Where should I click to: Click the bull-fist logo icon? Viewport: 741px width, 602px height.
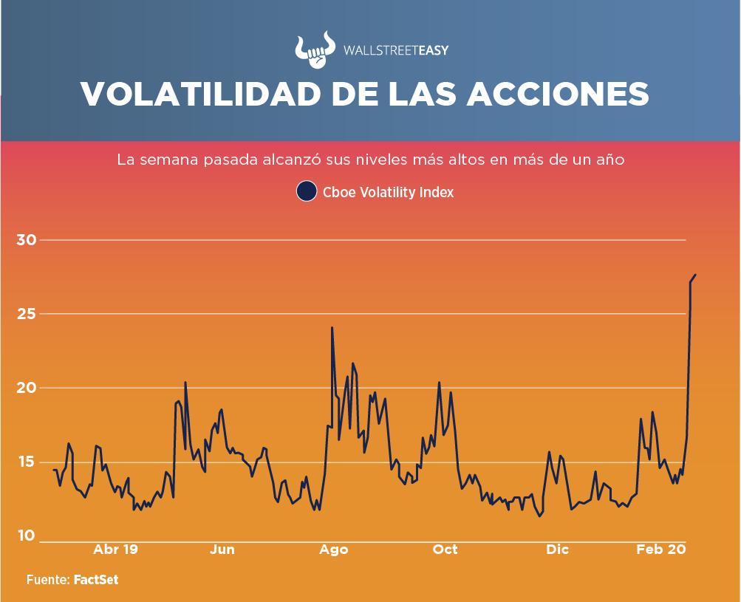coord(314,51)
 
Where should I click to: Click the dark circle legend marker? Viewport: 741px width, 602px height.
coord(307,191)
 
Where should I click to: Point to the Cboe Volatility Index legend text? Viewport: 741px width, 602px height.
coord(388,192)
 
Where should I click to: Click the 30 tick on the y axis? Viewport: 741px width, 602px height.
coord(27,240)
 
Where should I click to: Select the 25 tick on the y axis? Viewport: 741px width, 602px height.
coord(27,314)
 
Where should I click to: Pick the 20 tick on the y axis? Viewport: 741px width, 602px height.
coord(27,388)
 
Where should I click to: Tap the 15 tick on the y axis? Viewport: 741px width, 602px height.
coord(27,462)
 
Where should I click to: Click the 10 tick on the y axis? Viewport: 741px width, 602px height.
coord(27,536)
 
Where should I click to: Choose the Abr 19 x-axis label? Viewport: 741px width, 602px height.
coord(116,550)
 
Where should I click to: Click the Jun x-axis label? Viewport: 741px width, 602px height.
coord(222,550)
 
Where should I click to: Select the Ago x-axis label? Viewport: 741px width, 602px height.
coord(334,550)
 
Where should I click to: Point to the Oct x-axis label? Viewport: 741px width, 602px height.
coord(445,550)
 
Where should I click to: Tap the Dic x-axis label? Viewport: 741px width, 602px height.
coord(558,550)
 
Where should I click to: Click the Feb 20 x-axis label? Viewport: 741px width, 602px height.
coord(662,550)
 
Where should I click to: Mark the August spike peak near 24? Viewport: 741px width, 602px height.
coord(332,327)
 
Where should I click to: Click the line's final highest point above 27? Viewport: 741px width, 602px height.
coord(695,275)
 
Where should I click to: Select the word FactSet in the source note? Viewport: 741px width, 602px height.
coord(96,581)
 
